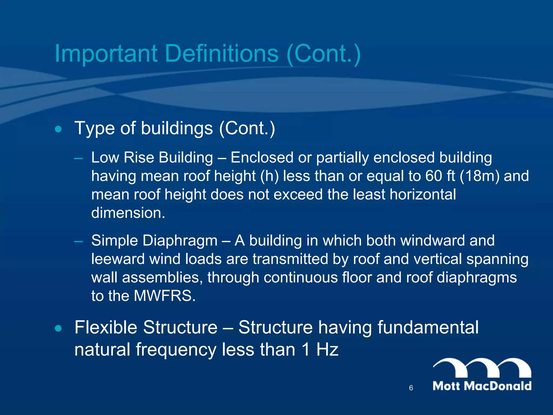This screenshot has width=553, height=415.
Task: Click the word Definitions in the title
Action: [x=221, y=53]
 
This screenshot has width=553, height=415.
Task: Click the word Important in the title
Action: [x=106, y=53]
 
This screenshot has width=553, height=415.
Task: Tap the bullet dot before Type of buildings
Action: [x=58, y=129]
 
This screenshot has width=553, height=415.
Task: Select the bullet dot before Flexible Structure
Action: [x=58, y=329]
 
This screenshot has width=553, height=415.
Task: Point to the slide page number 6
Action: [x=411, y=388]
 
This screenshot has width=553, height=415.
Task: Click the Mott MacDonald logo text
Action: [x=482, y=386]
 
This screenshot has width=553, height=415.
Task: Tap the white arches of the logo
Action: [x=482, y=367]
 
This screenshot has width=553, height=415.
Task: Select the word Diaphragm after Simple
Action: [x=180, y=240]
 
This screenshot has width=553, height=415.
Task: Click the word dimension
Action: [x=128, y=213]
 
